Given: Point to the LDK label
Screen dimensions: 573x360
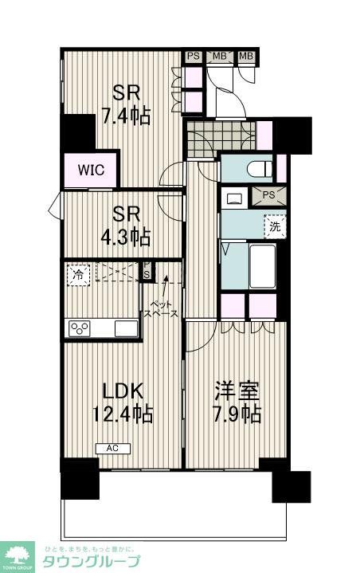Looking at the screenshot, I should [x=124, y=391].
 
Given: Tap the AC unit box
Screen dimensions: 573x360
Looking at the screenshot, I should [x=112, y=448].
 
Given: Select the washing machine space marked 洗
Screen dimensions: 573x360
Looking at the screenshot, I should [x=274, y=226].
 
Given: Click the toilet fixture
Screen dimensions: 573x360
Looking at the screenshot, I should [x=259, y=169].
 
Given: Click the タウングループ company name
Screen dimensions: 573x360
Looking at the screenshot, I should [x=100, y=559].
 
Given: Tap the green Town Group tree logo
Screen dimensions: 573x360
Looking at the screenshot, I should [x=19, y=554].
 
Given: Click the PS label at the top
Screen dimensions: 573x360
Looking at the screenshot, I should [x=194, y=55].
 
